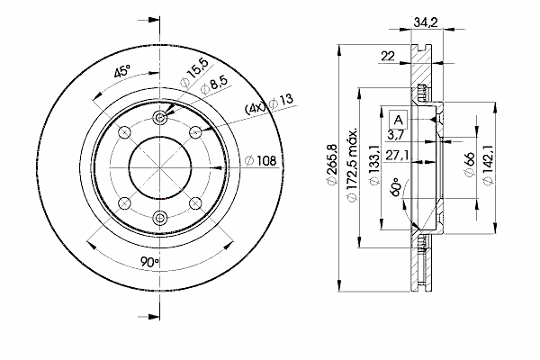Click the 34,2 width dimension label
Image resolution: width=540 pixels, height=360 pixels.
426,22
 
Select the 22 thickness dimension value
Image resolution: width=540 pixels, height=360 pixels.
388,56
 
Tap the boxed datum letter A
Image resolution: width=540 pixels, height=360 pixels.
398,121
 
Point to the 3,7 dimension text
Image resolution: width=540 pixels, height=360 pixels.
395,134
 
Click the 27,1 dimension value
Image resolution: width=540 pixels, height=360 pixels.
397,155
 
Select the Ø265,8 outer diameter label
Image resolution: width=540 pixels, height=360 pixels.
331,165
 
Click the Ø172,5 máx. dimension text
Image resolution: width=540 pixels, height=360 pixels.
351,166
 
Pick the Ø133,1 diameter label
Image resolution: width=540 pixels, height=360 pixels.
374,165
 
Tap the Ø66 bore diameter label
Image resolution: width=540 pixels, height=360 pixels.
469,164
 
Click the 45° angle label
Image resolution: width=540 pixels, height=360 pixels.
122,71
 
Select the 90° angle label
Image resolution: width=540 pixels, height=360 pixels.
149,262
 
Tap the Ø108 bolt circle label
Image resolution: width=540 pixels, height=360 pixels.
261,160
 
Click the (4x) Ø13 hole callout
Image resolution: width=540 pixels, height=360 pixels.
269,103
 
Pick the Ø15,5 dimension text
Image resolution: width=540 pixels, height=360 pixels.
195,73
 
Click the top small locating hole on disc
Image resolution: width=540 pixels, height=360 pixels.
159,118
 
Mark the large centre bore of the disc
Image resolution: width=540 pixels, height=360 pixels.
160,167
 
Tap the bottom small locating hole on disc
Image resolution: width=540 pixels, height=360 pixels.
159,218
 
